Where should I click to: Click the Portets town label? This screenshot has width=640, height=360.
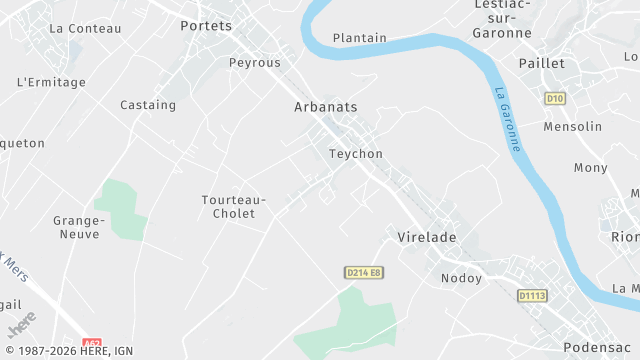click(206, 26)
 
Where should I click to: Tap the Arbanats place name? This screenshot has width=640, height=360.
click(326, 106)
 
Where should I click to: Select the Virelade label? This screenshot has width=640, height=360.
click(427, 237)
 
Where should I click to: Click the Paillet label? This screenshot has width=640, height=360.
click(542, 63)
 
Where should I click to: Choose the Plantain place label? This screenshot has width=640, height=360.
click(360, 38)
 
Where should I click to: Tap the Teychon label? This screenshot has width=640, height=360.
click(356, 154)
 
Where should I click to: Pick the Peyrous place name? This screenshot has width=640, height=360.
click(254, 62)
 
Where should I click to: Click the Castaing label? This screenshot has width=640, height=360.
click(148, 105)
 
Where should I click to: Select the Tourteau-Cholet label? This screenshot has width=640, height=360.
click(234, 206)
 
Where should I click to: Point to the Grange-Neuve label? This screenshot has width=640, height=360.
click(79, 227)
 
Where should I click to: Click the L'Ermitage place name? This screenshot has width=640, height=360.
click(52, 82)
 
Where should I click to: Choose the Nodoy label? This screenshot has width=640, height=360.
click(462, 278)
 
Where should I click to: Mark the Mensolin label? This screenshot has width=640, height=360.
click(573, 127)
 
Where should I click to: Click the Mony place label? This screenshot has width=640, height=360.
click(591, 168)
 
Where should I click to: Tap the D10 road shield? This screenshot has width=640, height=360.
click(555, 98)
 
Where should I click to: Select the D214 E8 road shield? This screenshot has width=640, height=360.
click(365, 272)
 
